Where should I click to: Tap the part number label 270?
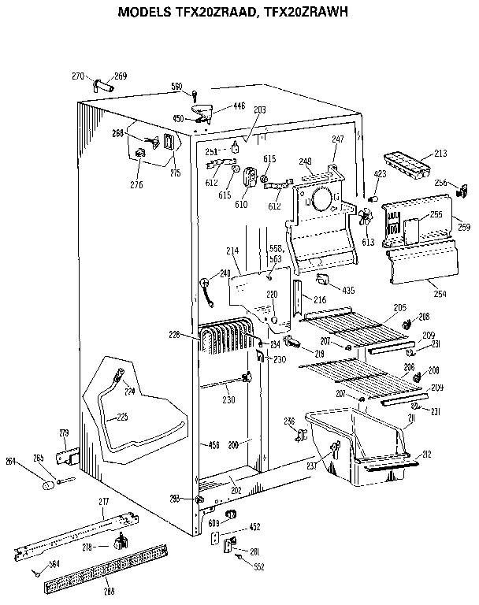click(77, 76)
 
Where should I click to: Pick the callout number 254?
click(440, 294)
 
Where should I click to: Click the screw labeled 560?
click(194, 96)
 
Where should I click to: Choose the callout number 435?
click(348, 291)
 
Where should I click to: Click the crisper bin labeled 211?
click(358, 445)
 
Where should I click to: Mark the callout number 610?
click(240, 204)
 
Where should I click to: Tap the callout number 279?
click(65, 432)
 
